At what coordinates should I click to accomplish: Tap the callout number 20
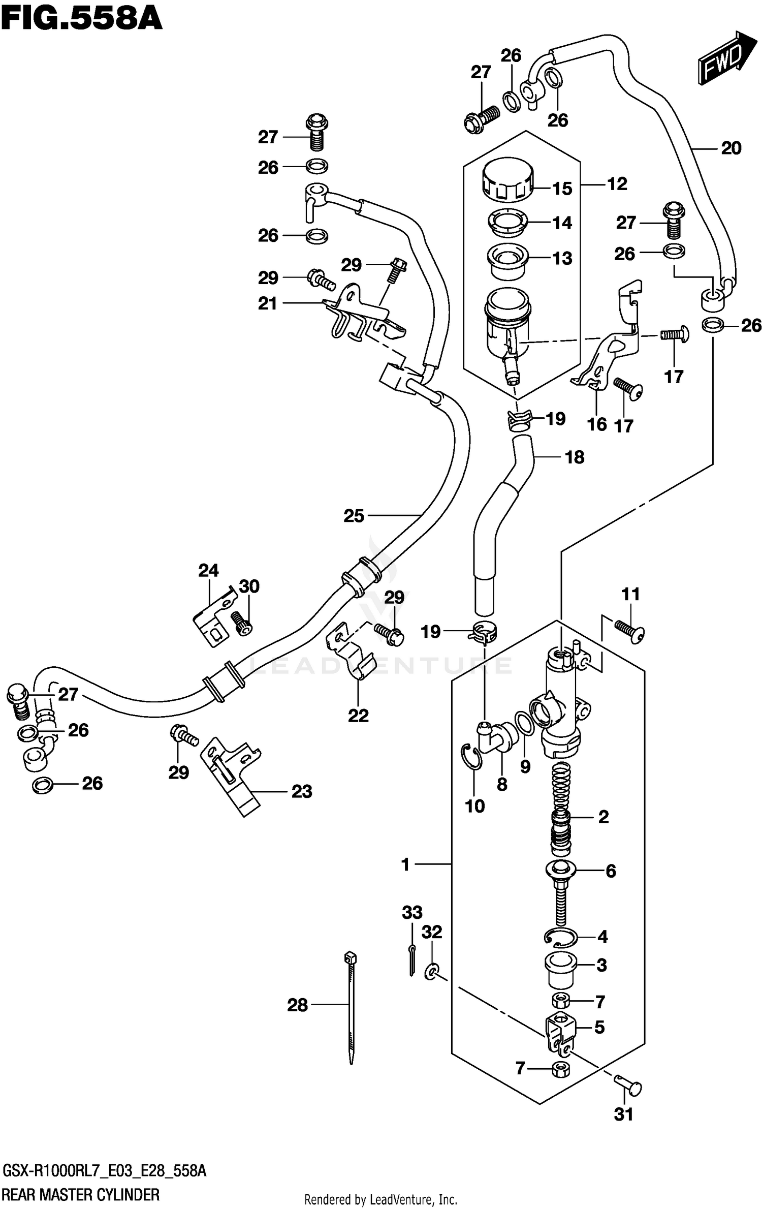pyautogui.click(x=731, y=148)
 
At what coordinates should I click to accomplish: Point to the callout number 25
pyautogui.click(x=354, y=516)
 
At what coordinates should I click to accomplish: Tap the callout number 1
pyautogui.click(x=405, y=864)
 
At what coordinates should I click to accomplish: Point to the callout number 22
pyautogui.click(x=358, y=716)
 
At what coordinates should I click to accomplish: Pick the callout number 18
pyautogui.click(x=575, y=457)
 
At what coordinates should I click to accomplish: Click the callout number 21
pyautogui.click(x=268, y=303)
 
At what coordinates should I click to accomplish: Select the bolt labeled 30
pyautogui.click(x=241, y=622)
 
